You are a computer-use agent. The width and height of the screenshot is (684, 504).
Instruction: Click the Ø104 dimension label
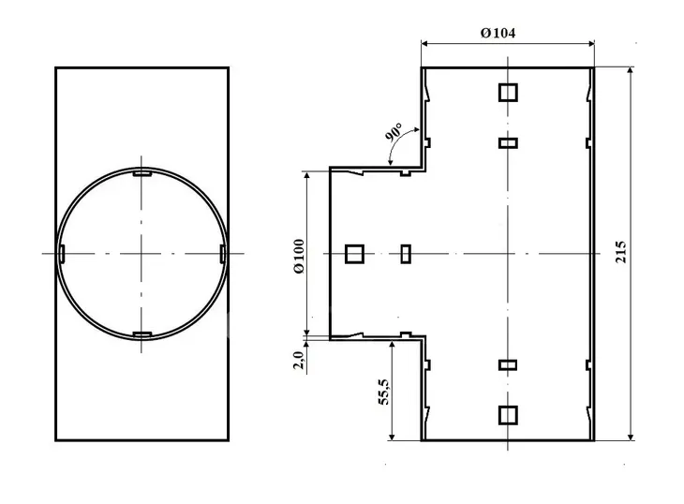click(x=498, y=33)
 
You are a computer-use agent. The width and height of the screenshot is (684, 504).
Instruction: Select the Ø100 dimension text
click(x=299, y=257)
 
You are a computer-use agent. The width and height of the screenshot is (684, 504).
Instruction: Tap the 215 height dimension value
click(x=620, y=252)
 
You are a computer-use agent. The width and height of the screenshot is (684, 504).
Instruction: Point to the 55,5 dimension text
click(x=383, y=392)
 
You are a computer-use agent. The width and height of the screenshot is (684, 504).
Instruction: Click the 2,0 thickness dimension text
click(x=298, y=360)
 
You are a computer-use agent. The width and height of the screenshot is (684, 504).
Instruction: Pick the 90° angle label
click(x=394, y=132)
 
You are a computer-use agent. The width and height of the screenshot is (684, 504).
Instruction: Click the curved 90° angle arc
click(x=398, y=141)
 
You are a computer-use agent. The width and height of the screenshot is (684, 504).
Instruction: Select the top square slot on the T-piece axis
click(x=508, y=93)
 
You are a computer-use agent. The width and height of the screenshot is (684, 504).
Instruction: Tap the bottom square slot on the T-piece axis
click(x=508, y=415)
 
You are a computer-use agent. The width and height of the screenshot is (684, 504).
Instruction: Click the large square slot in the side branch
click(x=354, y=254)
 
